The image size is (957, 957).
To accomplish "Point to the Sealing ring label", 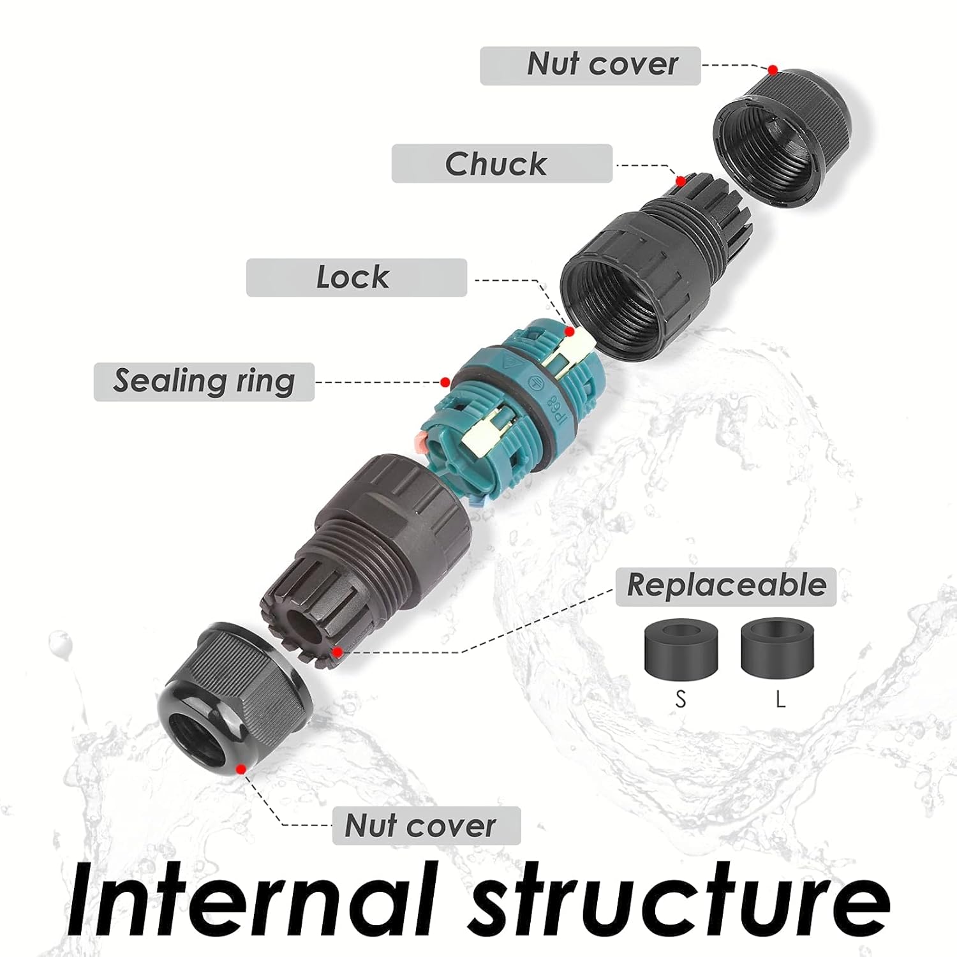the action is (x=204, y=382).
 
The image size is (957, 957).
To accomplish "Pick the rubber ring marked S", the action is (x=681, y=648).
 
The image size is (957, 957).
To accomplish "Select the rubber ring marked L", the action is (x=778, y=647).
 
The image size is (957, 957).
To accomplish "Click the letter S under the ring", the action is (x=681, y=700).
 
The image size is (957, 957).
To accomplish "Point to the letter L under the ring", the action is (x=780, y=700).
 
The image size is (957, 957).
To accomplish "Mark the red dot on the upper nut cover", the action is (x=773, y=69).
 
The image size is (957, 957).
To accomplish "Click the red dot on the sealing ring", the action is (x=445, y=382).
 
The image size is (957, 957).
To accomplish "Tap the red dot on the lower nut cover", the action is (x=241, y=769).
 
